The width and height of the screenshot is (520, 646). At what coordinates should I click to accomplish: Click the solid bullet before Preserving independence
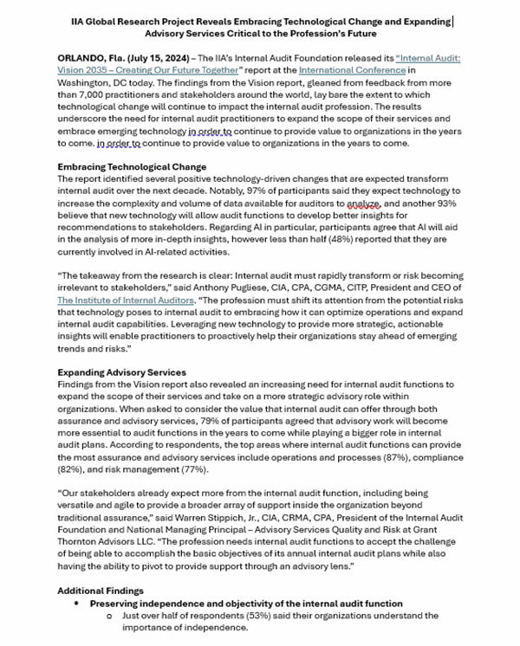(x=77, y=602)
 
